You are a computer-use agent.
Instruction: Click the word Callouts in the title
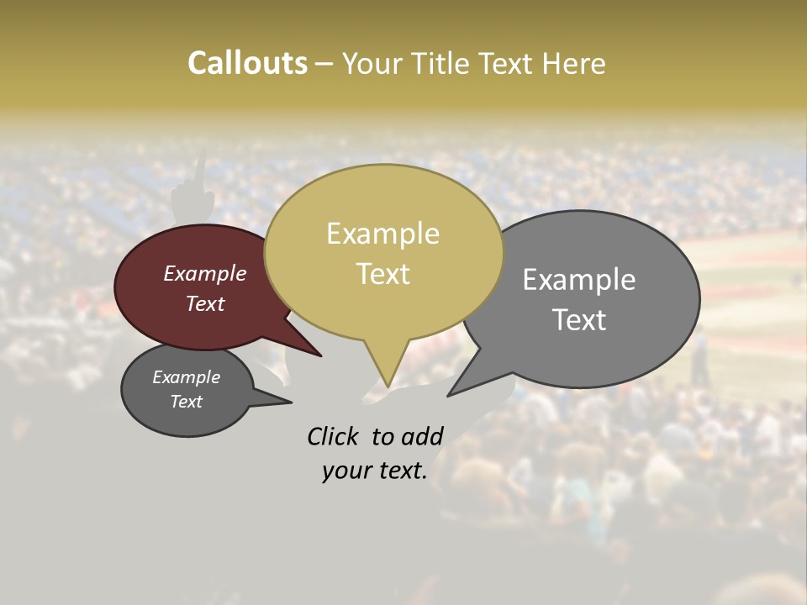pyautogui.click(x=247, y=63)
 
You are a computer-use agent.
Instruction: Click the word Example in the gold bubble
pyautogui.click(x=382, y=234)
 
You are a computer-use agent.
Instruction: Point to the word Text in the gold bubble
pyautogui.click(x=382, y=274)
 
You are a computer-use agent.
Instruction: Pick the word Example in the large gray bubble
pyautogui.click(x=578, y=280)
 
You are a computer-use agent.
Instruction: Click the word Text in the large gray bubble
pyautogui.click(x=578, y=319)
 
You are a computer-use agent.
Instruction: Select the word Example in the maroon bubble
pyautogui.click(x=204, y=273)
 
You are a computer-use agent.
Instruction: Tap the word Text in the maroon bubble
pyautogui.click(x=204, y=303)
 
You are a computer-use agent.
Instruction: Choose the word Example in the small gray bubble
pyautogui.click(x=186, y=377)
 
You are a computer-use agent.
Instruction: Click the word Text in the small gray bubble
pyautogui.click(x=186, y=402)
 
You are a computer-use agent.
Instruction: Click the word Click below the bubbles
pyautogui.click(x=335, y=436)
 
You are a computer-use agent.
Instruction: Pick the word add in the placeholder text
pyautogui.click(x=421, y=436)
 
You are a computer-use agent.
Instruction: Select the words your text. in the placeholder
pyautogui.click(x=375, y=471)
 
